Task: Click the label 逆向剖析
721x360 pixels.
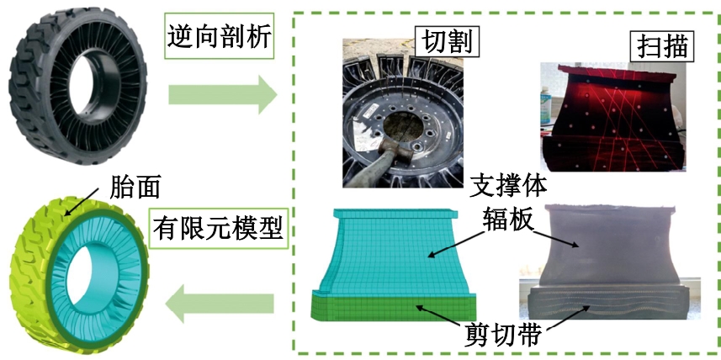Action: coord(220,36)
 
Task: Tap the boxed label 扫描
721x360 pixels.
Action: coord(662,46)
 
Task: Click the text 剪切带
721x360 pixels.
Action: coord(506,337)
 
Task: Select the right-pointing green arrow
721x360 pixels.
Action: coord(223,95)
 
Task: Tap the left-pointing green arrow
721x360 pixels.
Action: coord(220,304)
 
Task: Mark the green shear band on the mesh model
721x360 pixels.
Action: coord(393,307)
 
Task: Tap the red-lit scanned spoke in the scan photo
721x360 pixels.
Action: coord(612,117)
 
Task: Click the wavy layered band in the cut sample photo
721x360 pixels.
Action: coord(606,304)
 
